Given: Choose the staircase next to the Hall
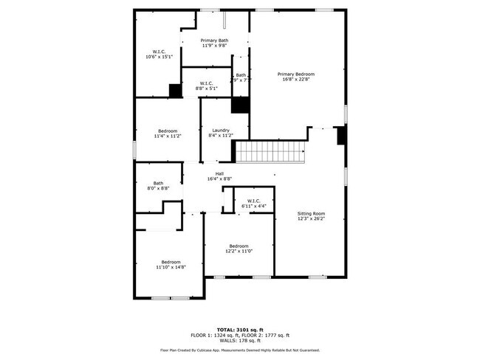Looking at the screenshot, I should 270,153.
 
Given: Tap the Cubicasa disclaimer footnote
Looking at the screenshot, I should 239,350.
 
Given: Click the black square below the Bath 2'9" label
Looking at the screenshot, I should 240,105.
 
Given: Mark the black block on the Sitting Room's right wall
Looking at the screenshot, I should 340,136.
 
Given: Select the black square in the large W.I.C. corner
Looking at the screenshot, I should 175,90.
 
